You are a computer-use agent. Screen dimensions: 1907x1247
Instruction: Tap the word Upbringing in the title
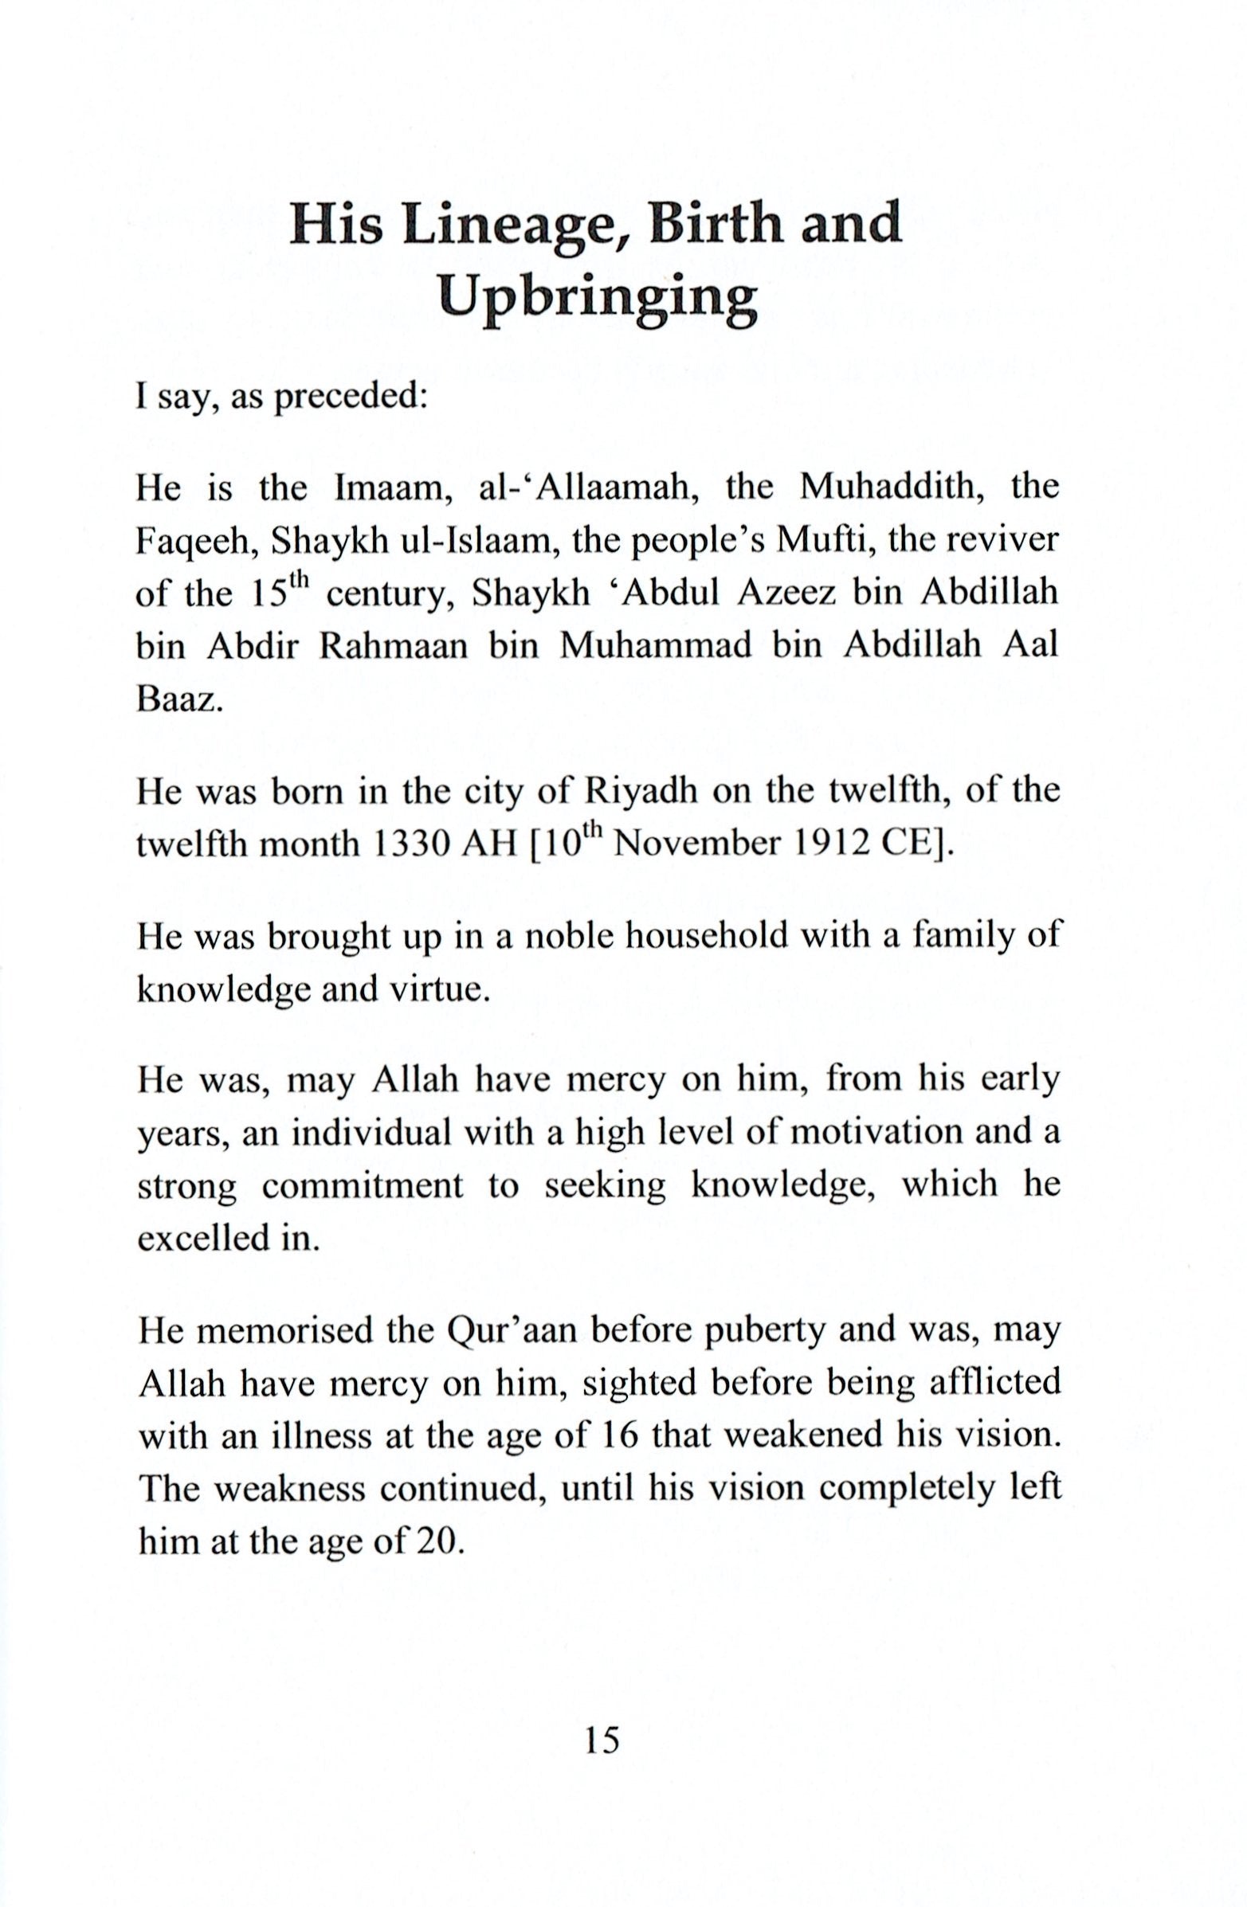tap(598, 300)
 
